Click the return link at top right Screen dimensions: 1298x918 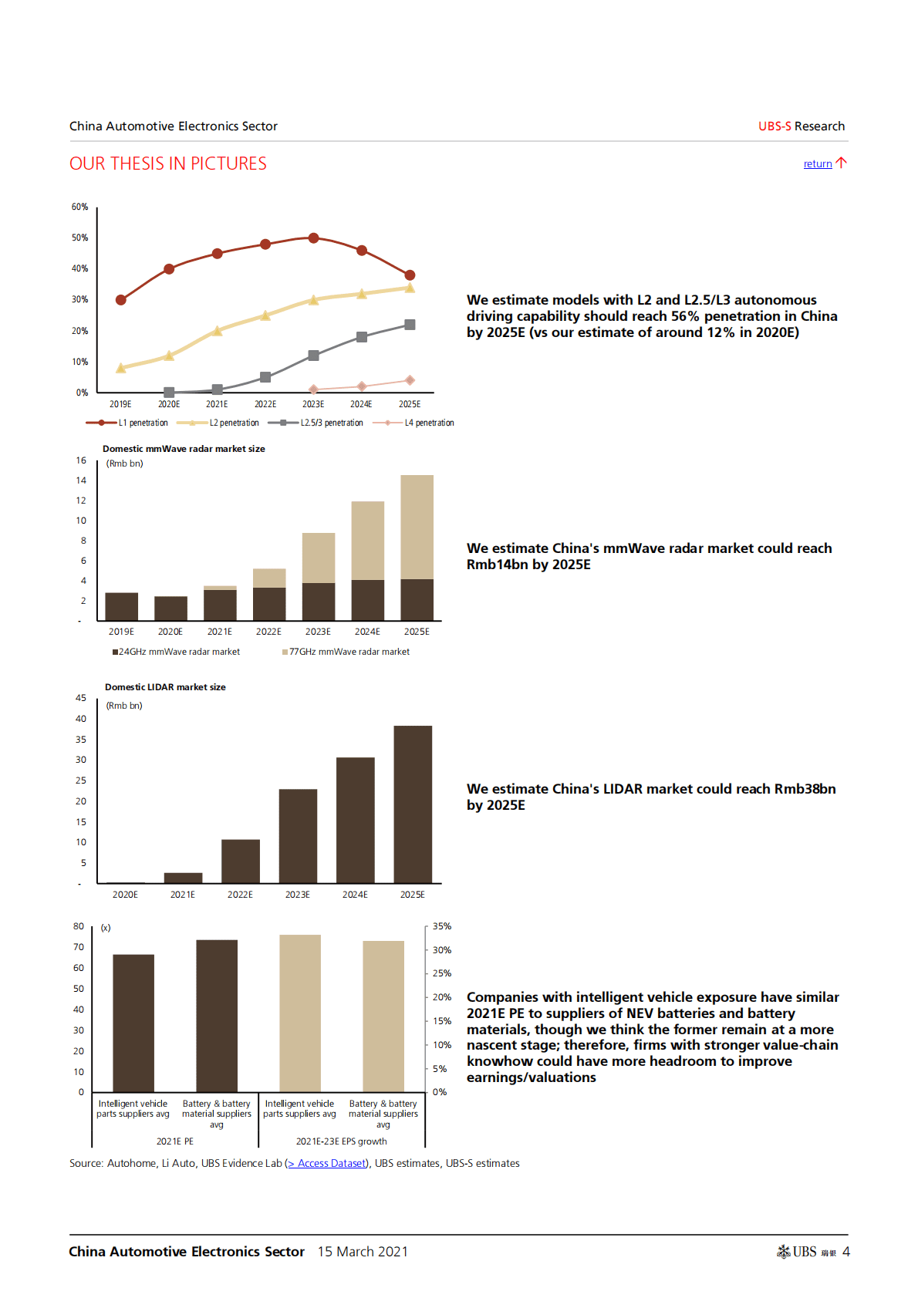coord(818,164)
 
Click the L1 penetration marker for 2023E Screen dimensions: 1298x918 coord(313,238)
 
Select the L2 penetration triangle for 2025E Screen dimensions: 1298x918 coord(410,288)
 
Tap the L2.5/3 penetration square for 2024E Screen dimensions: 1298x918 coord(362,337)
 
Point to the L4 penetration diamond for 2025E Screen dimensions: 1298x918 coord(410,380)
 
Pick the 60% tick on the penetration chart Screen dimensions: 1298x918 coord(80,207)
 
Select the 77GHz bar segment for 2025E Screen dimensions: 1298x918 coord(417,527)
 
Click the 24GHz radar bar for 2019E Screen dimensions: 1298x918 coord(121,606)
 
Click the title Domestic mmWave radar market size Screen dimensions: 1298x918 coord(184,449)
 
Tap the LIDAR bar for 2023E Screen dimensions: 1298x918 coord(298,836)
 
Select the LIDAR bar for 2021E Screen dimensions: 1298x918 coord(183,878)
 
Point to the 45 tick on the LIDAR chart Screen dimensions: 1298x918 coord(81,698)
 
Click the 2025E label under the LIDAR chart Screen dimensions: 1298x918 coord(412,895)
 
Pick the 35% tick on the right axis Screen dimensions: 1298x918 coord(442,926)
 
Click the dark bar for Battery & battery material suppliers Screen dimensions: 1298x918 coord(217,1015)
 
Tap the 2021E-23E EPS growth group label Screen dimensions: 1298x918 coord(342,1141)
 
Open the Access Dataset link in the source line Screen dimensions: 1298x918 coord(332,1164)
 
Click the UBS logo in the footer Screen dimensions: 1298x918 coord(798,1252)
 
